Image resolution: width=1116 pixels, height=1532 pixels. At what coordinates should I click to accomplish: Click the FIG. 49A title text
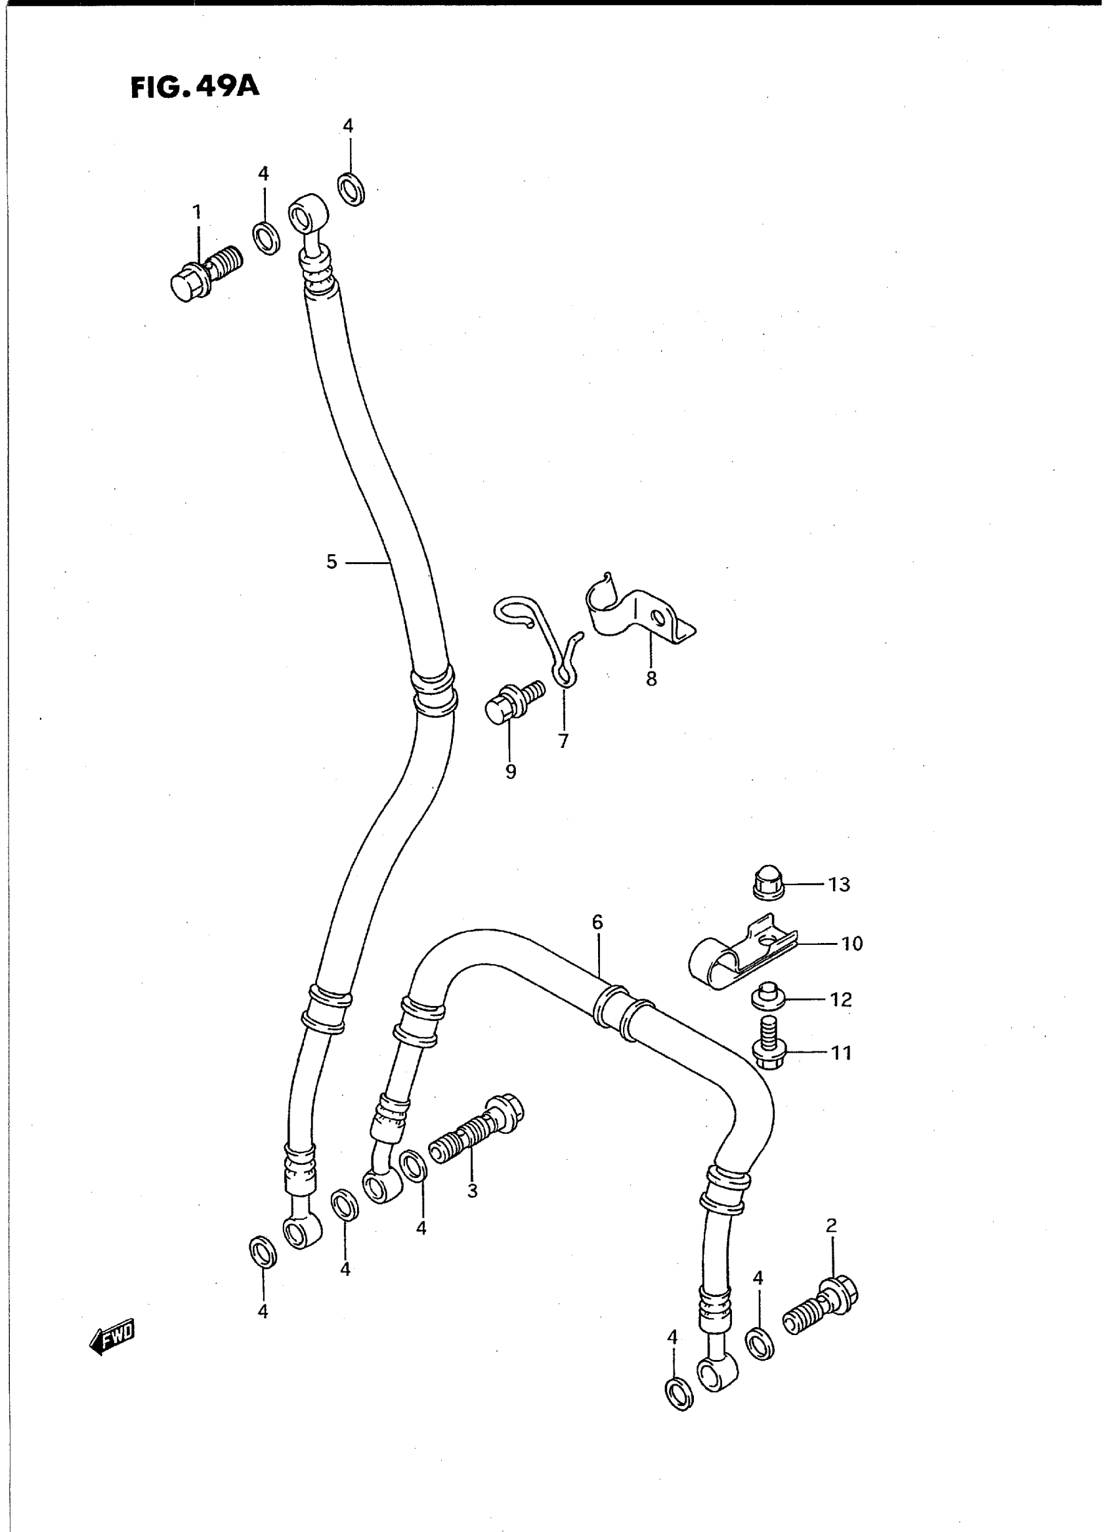pos(194,87)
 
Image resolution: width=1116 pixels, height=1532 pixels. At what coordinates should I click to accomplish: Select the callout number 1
pos(196,212)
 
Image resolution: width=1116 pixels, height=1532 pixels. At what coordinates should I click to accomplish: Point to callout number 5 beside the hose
pos(331,561)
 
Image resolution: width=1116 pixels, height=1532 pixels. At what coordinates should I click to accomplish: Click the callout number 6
pos(597,922)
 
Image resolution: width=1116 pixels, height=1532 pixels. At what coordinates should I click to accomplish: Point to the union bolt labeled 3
pos(476,1128)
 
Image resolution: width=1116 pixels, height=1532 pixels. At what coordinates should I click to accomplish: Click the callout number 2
pos(832,1225)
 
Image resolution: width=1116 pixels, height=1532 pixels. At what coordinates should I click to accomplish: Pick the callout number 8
pos(651,679)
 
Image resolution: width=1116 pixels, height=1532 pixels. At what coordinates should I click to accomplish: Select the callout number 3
pos(472,1191)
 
